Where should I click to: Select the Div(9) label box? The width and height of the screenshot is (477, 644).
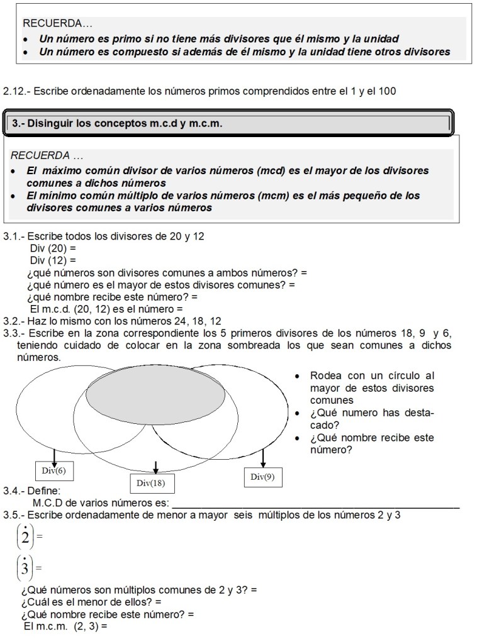coord(262,477)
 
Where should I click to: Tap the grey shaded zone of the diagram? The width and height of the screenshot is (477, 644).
coord(155,394)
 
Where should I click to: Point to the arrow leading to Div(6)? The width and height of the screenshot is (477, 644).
coord(55,455)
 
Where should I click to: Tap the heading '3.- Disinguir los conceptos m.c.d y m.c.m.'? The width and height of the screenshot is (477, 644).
coord(117,124)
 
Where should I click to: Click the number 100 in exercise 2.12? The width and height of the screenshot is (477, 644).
coord(387,91)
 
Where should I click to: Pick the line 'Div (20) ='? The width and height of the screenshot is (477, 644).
coord(53,248)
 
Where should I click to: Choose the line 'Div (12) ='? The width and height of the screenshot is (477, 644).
coord(53,259)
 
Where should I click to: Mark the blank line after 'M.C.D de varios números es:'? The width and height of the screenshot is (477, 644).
coord(315,503)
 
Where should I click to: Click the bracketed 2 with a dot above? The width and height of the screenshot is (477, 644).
coord(25,536)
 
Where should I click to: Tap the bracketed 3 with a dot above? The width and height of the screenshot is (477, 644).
coord(25,569)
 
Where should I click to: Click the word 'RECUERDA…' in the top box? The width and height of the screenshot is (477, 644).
coord(57,23)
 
